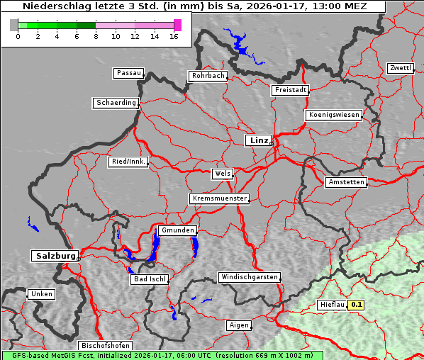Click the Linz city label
coord(258,140)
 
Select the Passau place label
coord(128,73)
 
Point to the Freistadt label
coord(290,90)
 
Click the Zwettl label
coord(400,68)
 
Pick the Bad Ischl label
coord(150,279)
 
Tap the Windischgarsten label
coord(248,277)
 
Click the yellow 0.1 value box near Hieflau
coord(357,305)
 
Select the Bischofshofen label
coord(105,345)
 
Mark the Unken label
coord(41,293)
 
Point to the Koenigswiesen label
coord(334,115)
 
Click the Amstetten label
coord(346,182)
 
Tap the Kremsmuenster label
coord(220,198)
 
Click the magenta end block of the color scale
coord(177,25)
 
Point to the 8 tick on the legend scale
coord(96,35)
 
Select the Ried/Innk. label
coord(128,162)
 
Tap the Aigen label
coord(238,325)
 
